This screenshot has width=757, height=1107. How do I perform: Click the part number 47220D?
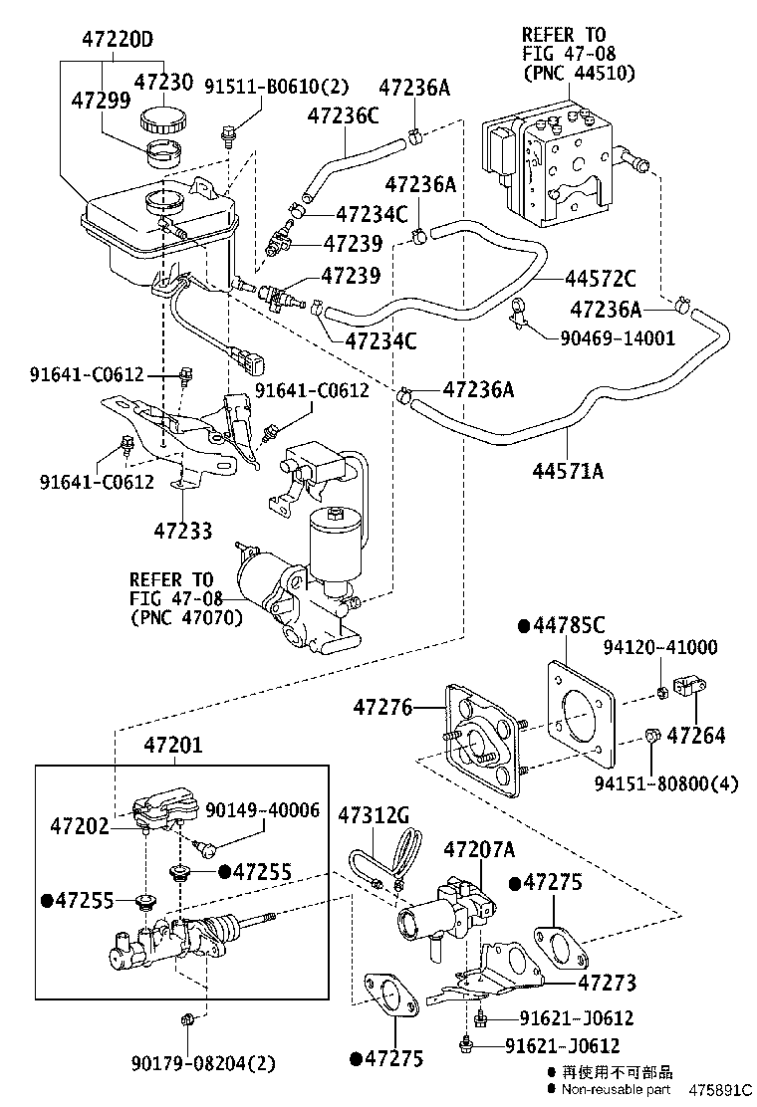118,38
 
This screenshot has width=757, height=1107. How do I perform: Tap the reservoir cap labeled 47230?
164,117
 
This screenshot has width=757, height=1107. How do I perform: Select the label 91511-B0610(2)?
277,87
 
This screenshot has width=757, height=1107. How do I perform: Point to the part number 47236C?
343,115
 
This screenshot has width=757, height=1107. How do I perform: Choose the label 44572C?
601,279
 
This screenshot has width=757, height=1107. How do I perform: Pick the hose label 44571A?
568,470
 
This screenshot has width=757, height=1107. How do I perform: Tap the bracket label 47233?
183,531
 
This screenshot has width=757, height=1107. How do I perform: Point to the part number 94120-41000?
660,647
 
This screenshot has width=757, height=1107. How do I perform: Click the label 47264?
696,736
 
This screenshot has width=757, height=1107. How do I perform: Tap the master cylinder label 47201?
173,745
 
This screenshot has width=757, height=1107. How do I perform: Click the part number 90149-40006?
263,809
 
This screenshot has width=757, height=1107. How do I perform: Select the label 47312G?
374,815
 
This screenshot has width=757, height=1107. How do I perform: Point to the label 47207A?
479,849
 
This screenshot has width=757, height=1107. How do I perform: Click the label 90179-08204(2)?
203,1062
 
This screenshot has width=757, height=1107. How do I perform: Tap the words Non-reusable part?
617,1089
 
